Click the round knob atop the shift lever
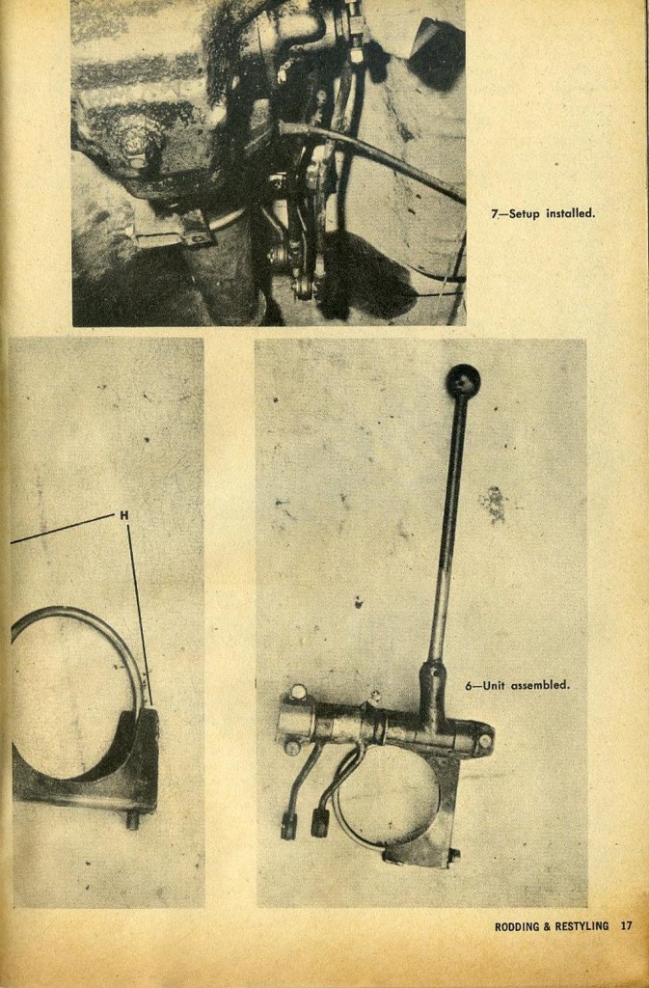(463, 380)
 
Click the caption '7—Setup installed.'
(543, 213)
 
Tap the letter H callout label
(123, 515)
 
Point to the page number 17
(626, 926)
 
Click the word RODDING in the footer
(517, 926)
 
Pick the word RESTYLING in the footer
(581, 926)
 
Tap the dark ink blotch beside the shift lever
(495, 504)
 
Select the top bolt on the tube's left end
(298, 692)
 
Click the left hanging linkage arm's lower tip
(288, 826)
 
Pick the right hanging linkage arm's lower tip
(319, 822)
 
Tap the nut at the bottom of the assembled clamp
(452, 855)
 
